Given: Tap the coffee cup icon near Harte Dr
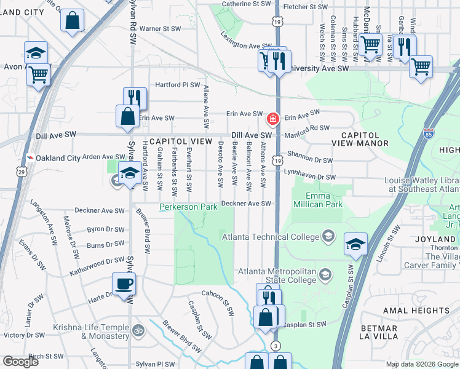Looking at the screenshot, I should click(x=124, y=284).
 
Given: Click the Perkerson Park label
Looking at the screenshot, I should click(x=189, y=207).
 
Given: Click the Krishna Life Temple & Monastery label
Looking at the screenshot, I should click(x=91, y=332).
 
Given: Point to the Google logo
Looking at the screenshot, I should click(x=20, y=361).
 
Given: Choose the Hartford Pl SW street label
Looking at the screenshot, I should click(x=178, y=85).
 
